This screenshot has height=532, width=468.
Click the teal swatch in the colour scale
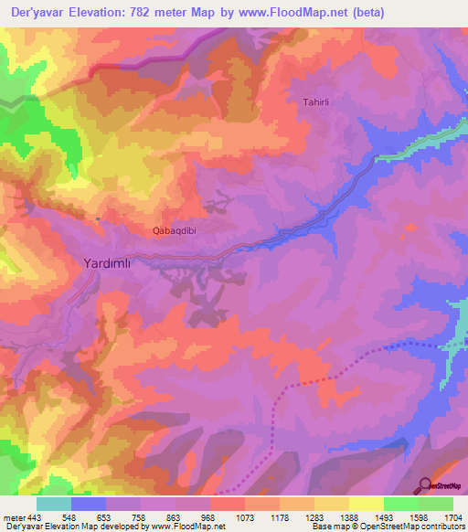point(54,504)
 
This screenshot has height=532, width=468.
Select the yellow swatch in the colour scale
point(367,504)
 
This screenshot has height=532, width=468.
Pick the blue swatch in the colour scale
point(89,504)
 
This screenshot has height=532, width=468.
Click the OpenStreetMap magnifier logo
point(424,485)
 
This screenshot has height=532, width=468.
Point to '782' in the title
point(147,12)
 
